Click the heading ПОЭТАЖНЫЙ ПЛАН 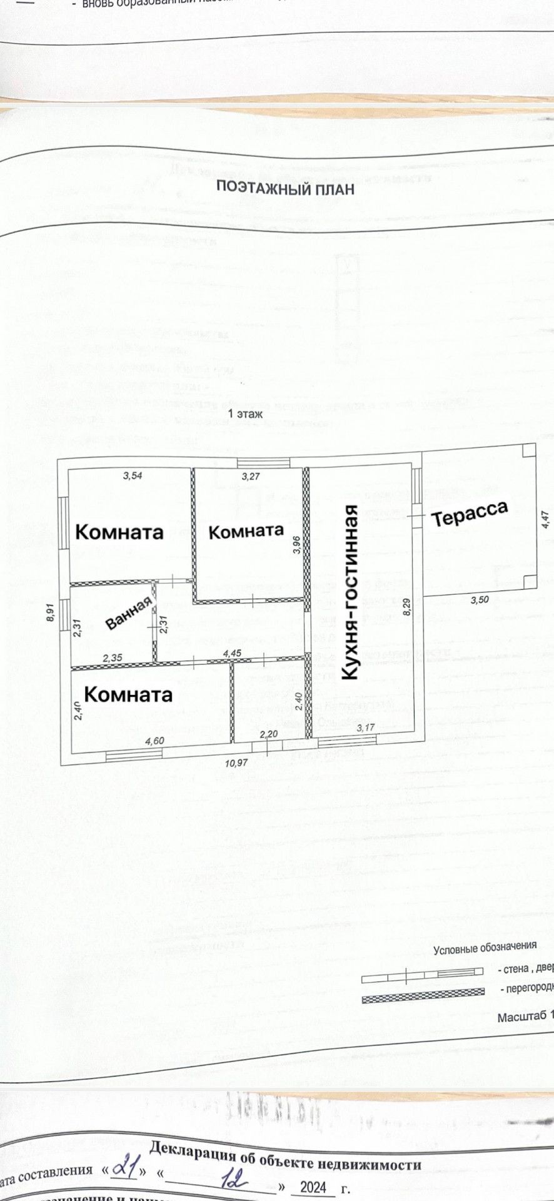(x=285, y=188)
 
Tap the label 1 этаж (x=245, y=413)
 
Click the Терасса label (x=469, y=514)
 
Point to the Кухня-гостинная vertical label (x=350, y=592)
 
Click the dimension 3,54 (x=132, y=475)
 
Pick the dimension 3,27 (x=251, y=476)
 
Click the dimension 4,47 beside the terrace (x=545, y=520)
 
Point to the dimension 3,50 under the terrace (x=479, y=600)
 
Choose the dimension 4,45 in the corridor (x=231, y=653)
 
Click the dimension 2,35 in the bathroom (x=111, y=657)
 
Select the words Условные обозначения (x=485, y=948)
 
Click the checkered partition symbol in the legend (x=423, y=995)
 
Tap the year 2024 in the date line (x=313, y=1187)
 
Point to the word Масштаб (x=521, y=1017)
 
